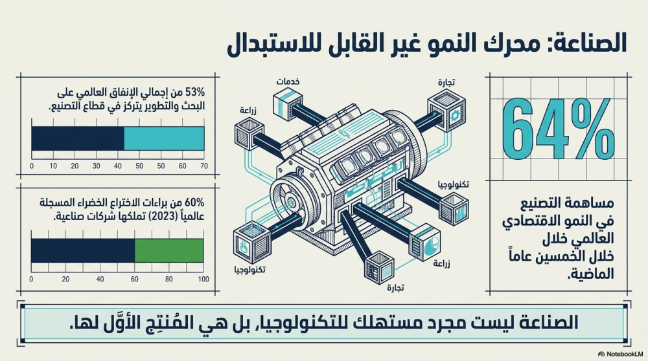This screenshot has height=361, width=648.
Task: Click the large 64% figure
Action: coord(559,129)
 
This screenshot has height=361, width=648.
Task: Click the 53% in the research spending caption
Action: coord(195,92)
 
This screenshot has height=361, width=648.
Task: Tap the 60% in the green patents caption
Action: coord(194,202)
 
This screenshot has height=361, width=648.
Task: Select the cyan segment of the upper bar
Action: coord(164,138)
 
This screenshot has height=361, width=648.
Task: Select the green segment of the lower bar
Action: coord(169,250)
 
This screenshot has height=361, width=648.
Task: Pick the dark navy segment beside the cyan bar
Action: coord(78,138)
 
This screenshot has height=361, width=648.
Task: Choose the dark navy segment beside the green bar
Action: coord(83,250)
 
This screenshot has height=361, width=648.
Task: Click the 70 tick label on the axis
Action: coord(203,166)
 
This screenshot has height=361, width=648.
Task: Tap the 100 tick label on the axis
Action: coord(203,279)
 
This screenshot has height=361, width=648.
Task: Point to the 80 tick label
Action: coord(168,279)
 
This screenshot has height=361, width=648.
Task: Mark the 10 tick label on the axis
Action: coord(53,166)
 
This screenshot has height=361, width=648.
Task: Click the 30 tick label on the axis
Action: coord(97,166)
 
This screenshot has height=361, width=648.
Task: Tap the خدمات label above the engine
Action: coord(288,82)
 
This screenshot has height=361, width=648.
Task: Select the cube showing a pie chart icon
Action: coord(424,243)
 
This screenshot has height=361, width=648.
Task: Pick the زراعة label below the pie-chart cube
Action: coord(441,263)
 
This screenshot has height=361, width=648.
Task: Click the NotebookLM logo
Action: coord(620,354)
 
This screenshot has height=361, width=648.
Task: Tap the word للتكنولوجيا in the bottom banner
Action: coord(307,322)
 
